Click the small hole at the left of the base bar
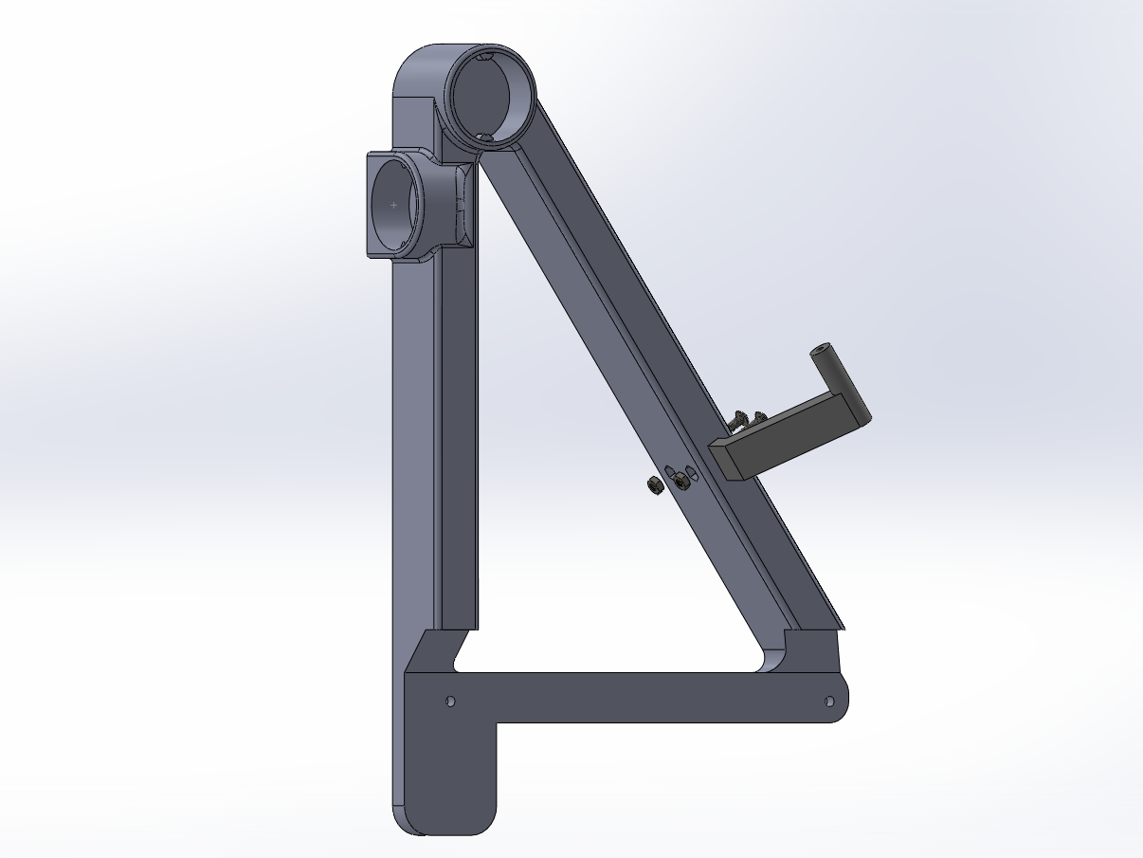pyautogui.click(x=450, y=702)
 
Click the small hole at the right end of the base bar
pyautogui.click(x=829, y=702)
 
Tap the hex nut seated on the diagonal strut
pyautogui.click(x=680, y=482)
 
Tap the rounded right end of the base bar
pyautogui.click(x=842, y=702)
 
